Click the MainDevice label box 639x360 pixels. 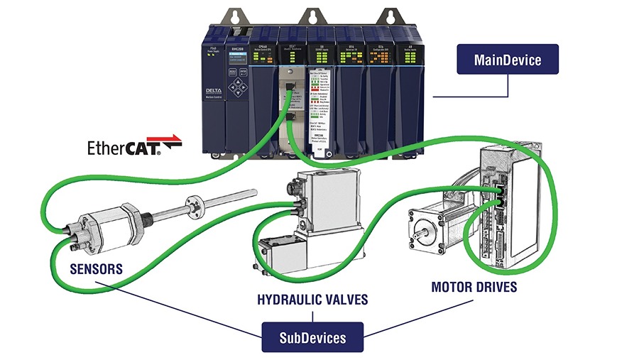507,60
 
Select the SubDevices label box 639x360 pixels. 312,337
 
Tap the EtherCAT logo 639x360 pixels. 134,147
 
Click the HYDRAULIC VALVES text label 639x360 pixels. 312,299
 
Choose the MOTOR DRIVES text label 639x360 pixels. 474,288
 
